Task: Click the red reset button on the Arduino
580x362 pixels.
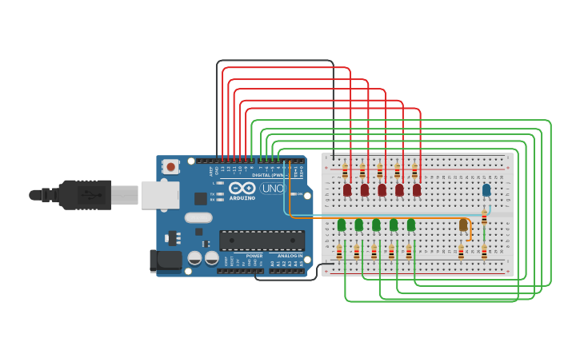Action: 170,166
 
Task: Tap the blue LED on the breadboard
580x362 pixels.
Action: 486,189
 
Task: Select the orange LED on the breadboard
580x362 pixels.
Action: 463,225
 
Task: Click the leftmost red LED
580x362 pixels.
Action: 347,189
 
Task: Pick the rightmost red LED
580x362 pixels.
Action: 417,189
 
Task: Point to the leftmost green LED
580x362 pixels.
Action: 342,225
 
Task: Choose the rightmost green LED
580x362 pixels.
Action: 411,225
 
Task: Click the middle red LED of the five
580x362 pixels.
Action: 382,189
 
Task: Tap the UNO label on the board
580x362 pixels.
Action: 273,189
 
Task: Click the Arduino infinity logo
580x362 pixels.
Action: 242,189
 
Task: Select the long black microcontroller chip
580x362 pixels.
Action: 262,240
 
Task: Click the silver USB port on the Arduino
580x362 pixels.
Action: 160,195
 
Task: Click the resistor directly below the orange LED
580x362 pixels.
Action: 461,252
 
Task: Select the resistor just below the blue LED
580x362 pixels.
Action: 484,217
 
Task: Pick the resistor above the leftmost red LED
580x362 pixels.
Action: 345,171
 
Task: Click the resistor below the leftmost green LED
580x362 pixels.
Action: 339,252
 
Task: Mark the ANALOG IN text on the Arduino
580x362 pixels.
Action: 290,256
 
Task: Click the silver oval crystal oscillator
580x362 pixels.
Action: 198,217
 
